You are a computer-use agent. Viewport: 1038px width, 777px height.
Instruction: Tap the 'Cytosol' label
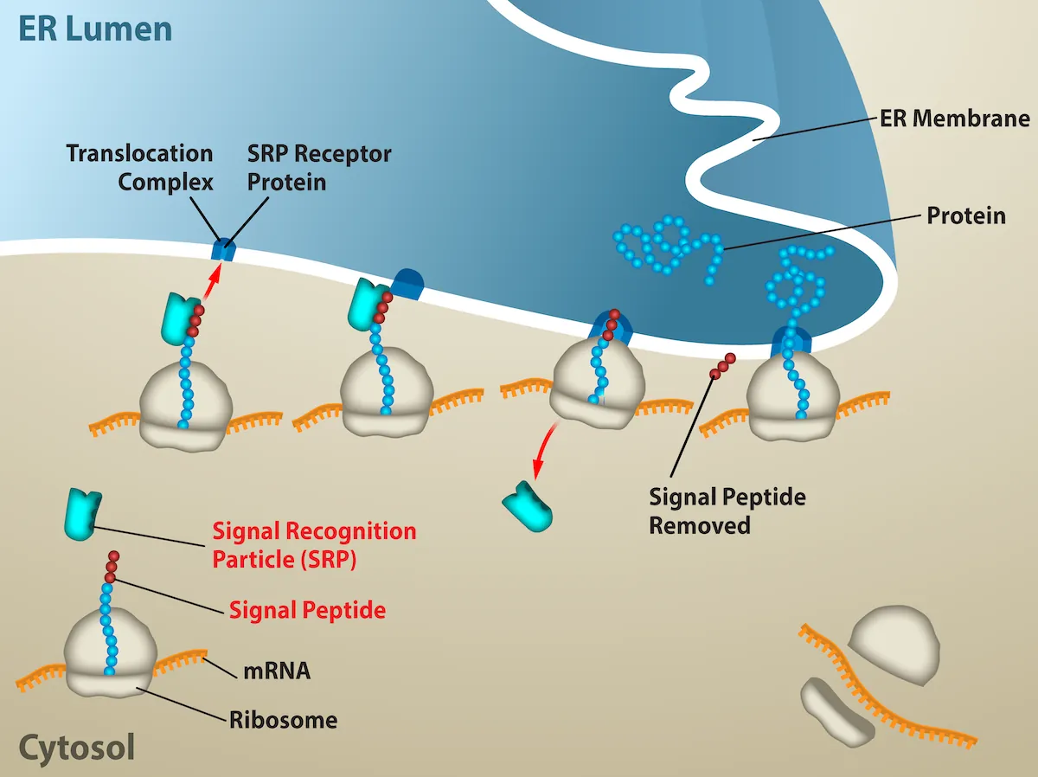click(76, 747)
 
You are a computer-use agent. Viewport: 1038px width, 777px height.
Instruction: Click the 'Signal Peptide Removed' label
click(727, 511)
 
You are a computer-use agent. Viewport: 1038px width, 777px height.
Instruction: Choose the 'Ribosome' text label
click(283, 719)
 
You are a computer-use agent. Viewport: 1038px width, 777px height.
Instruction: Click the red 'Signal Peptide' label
click(307, 610)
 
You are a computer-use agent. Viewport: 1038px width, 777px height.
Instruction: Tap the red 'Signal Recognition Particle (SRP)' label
click(314, 545)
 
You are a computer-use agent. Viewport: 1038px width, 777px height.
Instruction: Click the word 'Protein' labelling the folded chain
click(965, 215)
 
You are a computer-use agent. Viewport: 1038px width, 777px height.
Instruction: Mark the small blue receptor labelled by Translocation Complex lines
click(223, 250)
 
